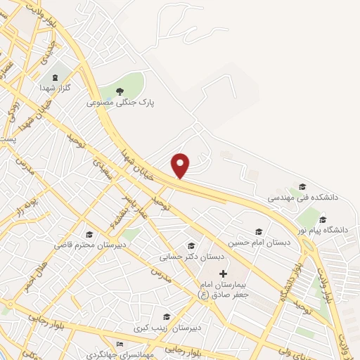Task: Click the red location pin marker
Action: tap(181, 165)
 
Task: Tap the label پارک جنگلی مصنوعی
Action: tap(120, 102)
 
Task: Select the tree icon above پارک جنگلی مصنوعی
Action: tap(120, 91)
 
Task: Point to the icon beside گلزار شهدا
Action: tap(54, 78)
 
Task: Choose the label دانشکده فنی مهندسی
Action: tap(302, 198)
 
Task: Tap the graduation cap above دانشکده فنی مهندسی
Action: tap(302, 186)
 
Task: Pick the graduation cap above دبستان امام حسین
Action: tap(259, 231)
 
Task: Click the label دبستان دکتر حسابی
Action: tap(191, 257)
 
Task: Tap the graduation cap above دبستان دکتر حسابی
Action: tap(191, 245)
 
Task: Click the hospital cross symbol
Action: tap(224, 273)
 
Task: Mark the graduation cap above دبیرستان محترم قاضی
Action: tap(89, 234)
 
